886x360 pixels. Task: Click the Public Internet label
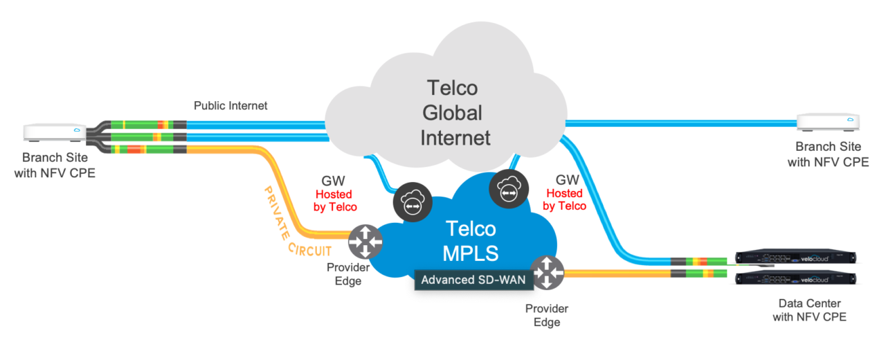pos(230,106)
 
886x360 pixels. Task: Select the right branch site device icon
pos(827,123)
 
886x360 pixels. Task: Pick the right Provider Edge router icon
pos(547,273)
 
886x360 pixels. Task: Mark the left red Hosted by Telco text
pos(334,201)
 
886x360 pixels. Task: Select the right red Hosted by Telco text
pos(564,199)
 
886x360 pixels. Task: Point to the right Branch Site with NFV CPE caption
pos(828,154)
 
